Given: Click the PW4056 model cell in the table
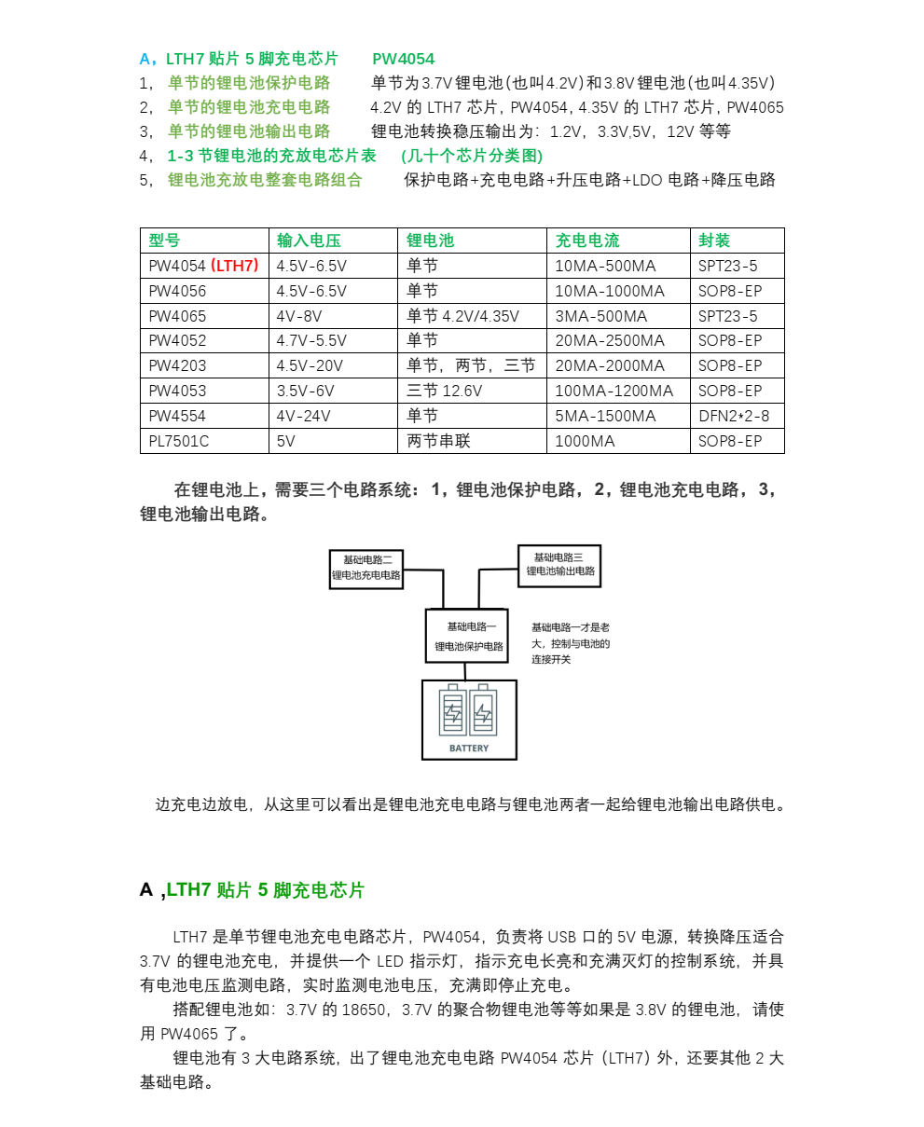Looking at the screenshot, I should [177, 291].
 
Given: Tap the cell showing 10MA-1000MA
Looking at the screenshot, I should [610, 291].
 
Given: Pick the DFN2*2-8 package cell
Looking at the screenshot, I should [734, 416].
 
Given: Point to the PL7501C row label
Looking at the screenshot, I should [178, 441].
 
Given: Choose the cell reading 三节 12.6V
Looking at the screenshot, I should [444, 391].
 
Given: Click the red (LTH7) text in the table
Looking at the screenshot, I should [235, 266].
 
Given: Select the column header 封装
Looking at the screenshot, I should [714, 241].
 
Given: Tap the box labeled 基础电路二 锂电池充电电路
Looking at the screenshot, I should [366, 569].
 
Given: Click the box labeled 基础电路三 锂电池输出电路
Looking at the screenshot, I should [559, 565].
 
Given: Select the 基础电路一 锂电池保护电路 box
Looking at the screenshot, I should [467, 636].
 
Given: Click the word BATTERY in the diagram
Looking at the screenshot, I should [469, 748].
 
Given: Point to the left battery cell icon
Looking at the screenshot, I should [453, 713].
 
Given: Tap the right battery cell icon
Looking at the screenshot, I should [483, 713].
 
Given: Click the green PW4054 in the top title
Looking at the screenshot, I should [403, 59].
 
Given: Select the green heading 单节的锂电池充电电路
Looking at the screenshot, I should [249, 107].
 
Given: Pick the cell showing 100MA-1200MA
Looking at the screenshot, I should [614, 391].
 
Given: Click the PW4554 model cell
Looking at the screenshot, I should [177, 416].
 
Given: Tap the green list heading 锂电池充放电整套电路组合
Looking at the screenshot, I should [265, 180].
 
